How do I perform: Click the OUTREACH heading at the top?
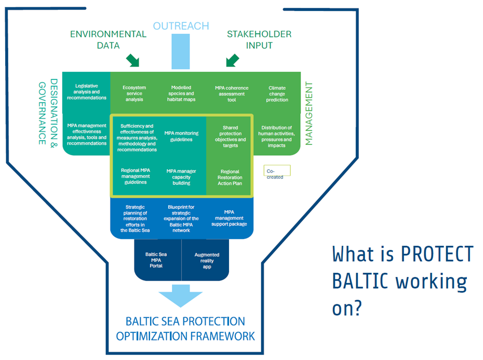[181, 26]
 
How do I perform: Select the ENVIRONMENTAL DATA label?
[108, 39]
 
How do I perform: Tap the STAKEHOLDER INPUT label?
[259, 39]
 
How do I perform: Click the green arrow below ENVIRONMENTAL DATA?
[133, 60]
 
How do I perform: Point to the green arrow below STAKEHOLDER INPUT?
[232, 60]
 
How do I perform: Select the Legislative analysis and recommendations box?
[87, 92]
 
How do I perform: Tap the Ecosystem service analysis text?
[135, 94]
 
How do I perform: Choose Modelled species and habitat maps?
[181, 94]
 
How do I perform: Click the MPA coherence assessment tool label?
[232, 94]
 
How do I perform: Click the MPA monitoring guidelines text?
[181, 136]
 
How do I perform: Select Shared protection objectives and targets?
[231, 136]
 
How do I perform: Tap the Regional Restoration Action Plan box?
[230, 177]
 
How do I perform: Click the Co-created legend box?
[277, 171]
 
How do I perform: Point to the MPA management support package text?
[229, 218]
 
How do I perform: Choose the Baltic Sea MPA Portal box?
[158, 260]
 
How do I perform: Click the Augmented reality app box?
[206, 260]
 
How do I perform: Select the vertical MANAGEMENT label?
[308, 113]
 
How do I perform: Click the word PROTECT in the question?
[437, 254]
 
